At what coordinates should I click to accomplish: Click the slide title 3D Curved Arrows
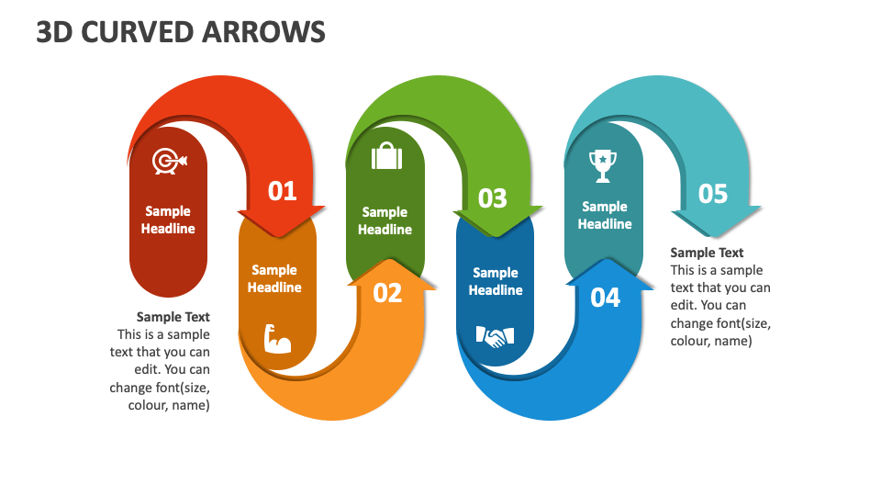click(x=181, y=32)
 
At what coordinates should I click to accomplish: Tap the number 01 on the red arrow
click(x=283, y=191)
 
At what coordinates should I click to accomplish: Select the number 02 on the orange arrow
click(x=387, y=292)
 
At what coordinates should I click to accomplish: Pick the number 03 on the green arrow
click(x=493, y=198)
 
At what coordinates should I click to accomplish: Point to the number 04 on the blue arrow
click(x=605, y=297)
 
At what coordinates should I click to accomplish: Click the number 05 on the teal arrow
click(x=712, y=194)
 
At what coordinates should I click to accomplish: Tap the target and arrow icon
click(x=168, y=162)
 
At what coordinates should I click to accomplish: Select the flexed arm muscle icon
click(x=276, y=339)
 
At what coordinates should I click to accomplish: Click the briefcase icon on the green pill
click(x=386, y=157)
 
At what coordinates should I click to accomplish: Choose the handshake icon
click(x=496, y=337)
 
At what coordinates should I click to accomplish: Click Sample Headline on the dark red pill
click(x=168, y=220)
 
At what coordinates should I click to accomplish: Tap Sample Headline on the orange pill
click(x=274, y=278)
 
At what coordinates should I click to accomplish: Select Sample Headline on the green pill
click(x=385, y=220)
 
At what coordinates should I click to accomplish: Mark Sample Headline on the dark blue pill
click(x=496, y=281)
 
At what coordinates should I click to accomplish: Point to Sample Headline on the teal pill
click(x=605, y=215)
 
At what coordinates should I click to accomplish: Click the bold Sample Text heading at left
click(x=173, y=317)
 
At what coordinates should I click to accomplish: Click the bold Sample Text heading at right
click(x=707, y=253)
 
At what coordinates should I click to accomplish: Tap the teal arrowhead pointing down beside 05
click(x=716, y=225)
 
